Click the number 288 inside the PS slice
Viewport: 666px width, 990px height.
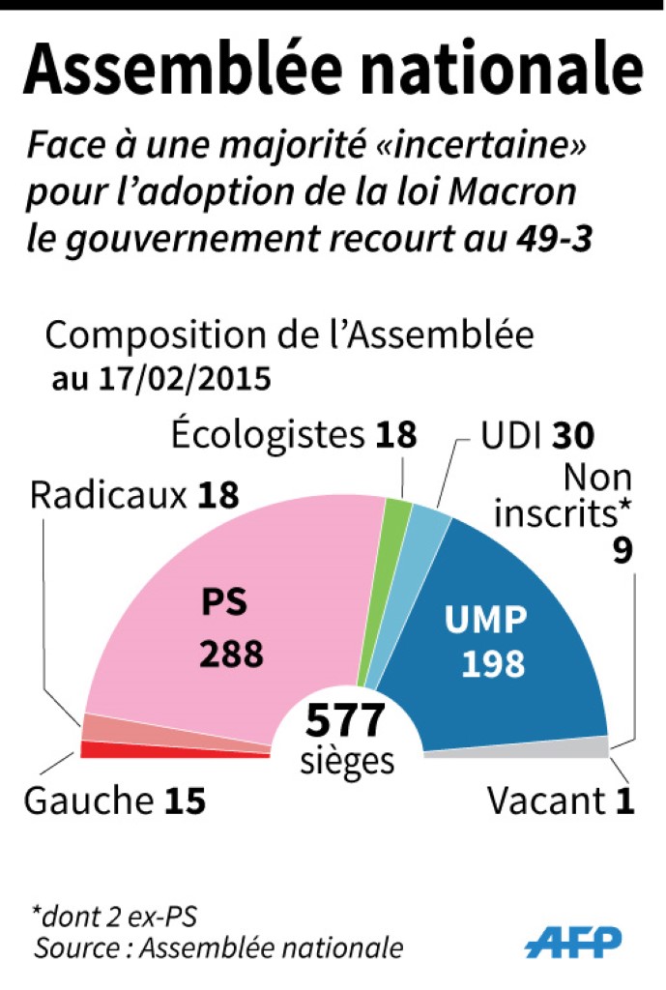(231, 655)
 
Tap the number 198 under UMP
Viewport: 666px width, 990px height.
(492, 663)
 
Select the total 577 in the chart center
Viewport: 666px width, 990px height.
(346, 721)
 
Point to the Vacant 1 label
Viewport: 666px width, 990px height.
(561, 801)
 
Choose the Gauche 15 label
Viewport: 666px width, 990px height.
(114, 801)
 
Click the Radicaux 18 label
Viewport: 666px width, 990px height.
(134, 496)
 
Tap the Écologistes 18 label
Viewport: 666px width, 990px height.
(294, 435)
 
